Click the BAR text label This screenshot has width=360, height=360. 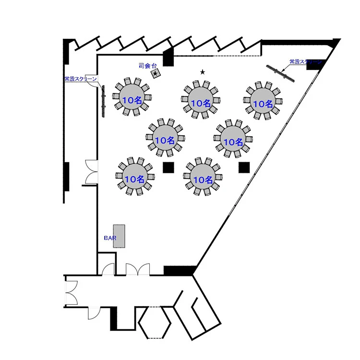point(110,238)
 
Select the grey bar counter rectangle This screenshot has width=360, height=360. point(119,236)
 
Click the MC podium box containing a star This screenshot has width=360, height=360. point(156,73)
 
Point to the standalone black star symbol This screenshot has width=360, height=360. point(203,72)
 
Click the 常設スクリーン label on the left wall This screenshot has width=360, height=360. point(81,79)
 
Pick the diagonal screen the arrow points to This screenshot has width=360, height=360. point(281,73)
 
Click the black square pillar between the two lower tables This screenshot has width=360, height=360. point(168,168)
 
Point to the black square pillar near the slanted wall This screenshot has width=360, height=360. point(244,167)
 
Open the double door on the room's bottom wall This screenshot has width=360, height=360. point(138,269)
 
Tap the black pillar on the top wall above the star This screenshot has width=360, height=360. point(168,58)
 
